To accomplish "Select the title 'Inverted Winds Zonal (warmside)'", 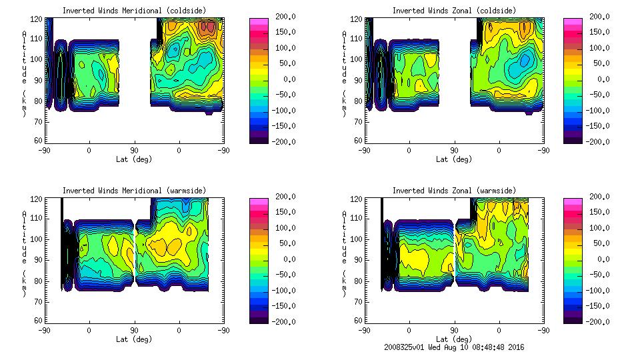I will click(x=454, y=191).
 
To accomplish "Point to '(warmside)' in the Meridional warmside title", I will click(x=181, y=191).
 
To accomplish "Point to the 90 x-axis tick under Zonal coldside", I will click(x=454, y=150).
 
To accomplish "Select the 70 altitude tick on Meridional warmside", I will click(x=39, y=301).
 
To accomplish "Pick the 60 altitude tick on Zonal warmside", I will click(x=359, y=321).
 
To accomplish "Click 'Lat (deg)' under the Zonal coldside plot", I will click(x=454, y=159).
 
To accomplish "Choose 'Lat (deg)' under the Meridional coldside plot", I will click(x=134, y=159).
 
